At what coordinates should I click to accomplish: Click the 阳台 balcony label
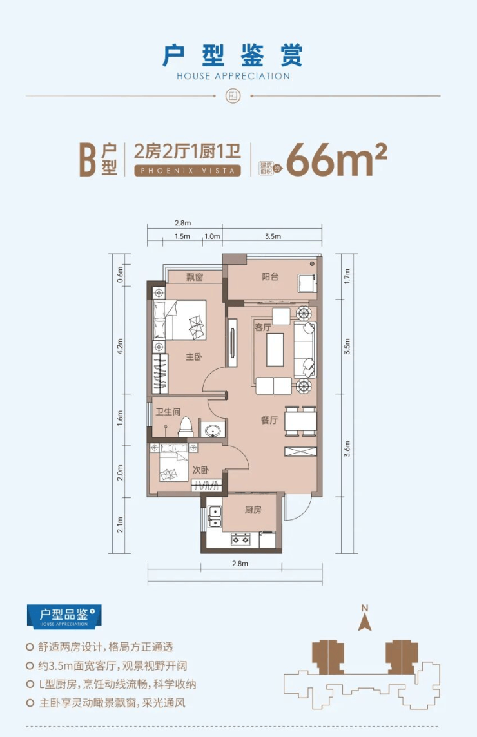[x=270, y=277]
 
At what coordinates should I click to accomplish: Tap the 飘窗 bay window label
[x=195, y=277]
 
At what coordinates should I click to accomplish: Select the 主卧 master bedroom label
[x=194, y=357]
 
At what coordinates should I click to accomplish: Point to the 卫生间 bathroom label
[x=168, y=412]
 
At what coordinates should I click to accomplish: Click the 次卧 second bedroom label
[x=201, y=470]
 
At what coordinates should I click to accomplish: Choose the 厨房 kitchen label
[x=253, y=510]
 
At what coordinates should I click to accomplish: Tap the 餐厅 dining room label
[x=269, y=420]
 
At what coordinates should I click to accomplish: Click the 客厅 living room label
[x=262, y=328]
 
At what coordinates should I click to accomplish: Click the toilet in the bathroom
[x=186, y=426]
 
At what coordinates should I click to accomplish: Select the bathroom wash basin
[x=214, y=430]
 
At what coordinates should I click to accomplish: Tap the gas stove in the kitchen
[x=240, y=539]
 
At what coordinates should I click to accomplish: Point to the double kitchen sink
[x=215, y=517]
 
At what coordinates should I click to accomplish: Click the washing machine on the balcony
[x=307, y=283]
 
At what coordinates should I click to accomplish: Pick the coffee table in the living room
[x=275, y=350]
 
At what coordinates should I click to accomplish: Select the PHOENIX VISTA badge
[x=188, y=171]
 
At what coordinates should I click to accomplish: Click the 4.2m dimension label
[x=120, y=346]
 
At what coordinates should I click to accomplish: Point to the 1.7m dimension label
[x=347, y=276]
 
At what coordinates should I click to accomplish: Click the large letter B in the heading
[x=88, y=160]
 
